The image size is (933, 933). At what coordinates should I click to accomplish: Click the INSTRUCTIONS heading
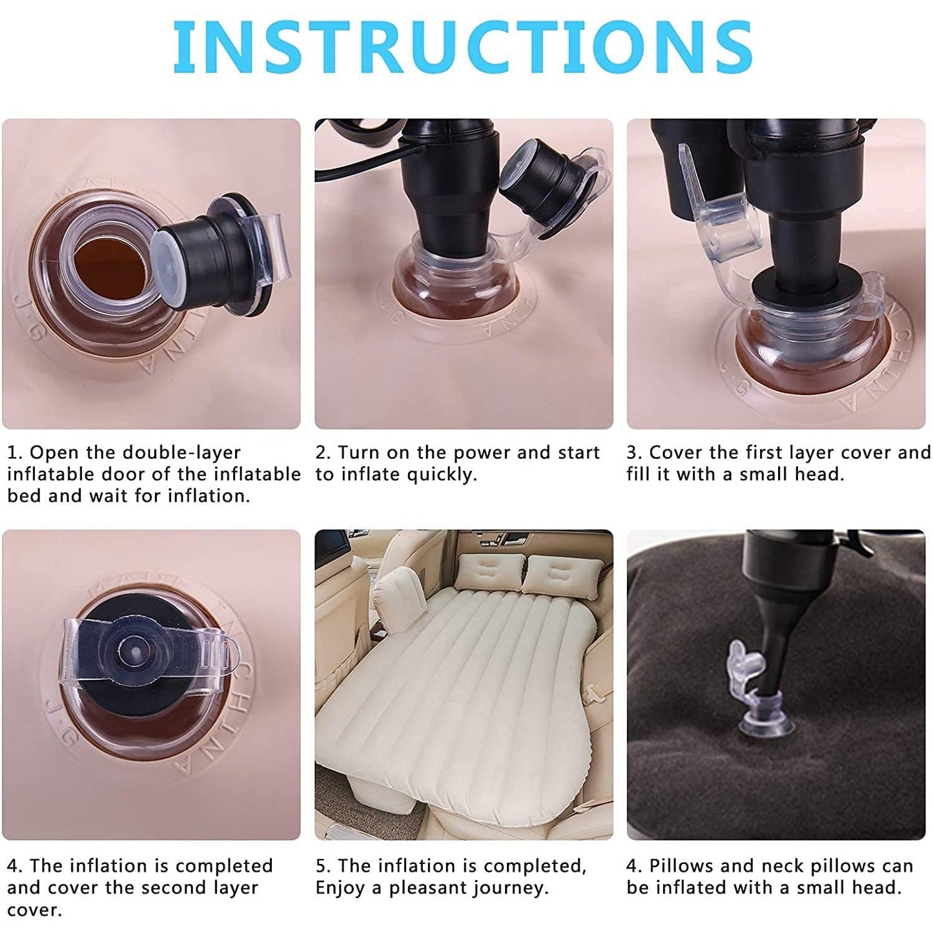point(462,46)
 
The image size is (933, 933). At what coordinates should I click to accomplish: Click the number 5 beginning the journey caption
point(322,866)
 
